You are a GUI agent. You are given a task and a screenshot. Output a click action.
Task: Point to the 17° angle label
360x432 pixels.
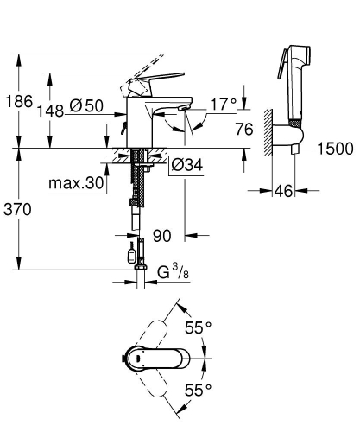point(223,105)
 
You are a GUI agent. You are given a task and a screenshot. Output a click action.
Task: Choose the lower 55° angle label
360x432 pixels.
point(199,391)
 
